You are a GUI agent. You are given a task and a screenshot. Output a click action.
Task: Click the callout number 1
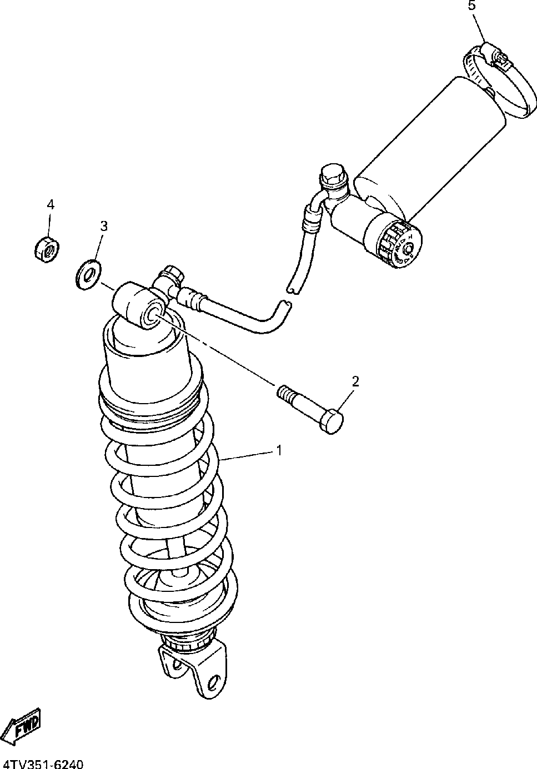[x=279, y=450]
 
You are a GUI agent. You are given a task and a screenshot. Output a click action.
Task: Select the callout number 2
[x=355, y=381]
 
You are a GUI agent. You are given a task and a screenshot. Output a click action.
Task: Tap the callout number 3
[x=103, y=226]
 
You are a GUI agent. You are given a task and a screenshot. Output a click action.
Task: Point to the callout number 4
[x=51, y=204]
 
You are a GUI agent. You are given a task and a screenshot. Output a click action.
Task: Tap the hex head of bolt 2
[x=332, y=421]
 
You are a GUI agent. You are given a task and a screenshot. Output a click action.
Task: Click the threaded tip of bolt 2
[x=284, y=393]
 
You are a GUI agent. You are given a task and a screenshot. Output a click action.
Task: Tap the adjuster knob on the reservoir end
[x=401, y=246]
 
